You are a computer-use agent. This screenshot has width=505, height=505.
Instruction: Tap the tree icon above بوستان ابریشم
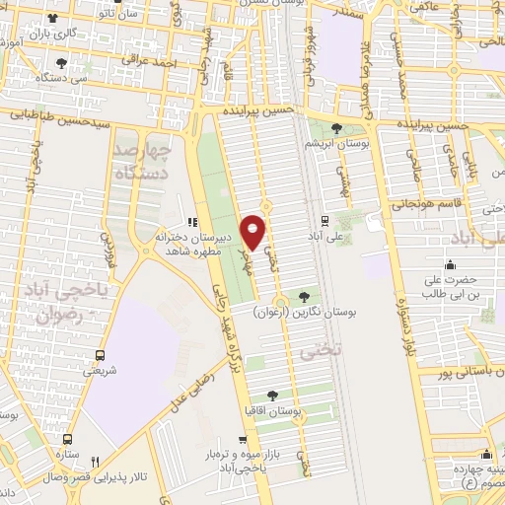[337, 128]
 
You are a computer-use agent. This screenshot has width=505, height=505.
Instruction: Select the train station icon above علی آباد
[325, 220]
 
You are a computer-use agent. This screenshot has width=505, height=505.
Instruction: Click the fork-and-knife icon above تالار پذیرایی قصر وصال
[96, 461]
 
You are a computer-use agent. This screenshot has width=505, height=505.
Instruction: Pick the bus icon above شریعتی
[99, 354]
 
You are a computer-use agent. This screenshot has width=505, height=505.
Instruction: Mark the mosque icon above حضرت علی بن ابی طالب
[451, 264]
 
